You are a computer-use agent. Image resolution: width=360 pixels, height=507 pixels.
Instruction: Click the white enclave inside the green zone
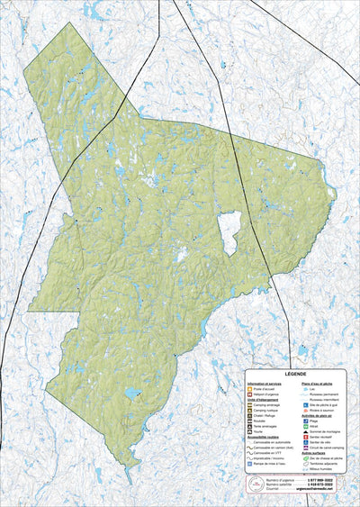pos(229,233)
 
